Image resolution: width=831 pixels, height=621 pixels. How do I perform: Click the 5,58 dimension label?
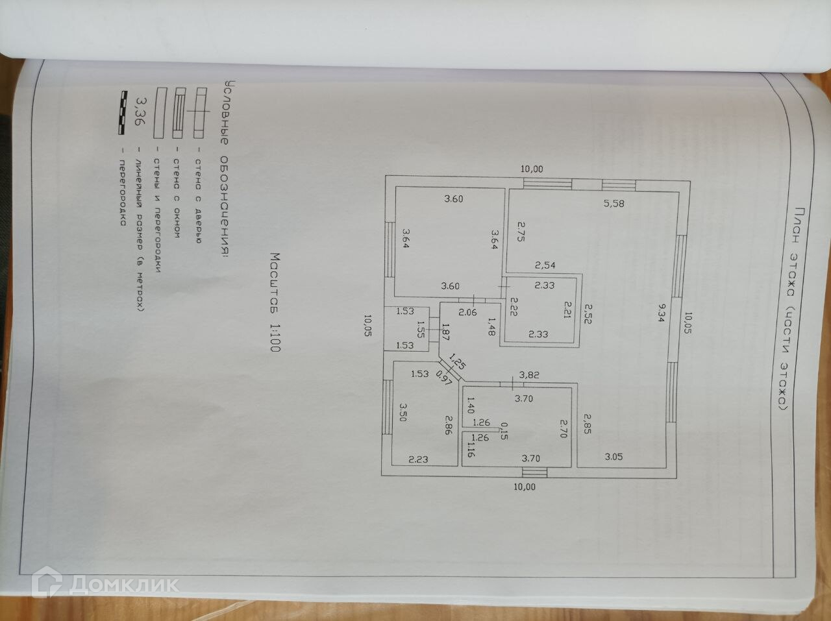(614, 204)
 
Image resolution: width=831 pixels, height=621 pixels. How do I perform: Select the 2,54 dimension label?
(545, 265)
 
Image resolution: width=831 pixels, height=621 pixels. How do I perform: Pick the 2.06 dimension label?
(468, 312)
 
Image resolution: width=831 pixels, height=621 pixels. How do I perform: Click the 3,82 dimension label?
(521, 374)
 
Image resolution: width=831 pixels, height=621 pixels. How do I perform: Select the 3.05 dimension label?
(614, 456)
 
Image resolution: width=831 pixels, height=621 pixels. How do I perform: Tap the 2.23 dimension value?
(419, 459)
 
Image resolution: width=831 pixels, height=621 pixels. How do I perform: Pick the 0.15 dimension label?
(503, 431)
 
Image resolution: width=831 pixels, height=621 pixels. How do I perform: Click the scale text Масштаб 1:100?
(274, 302)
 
